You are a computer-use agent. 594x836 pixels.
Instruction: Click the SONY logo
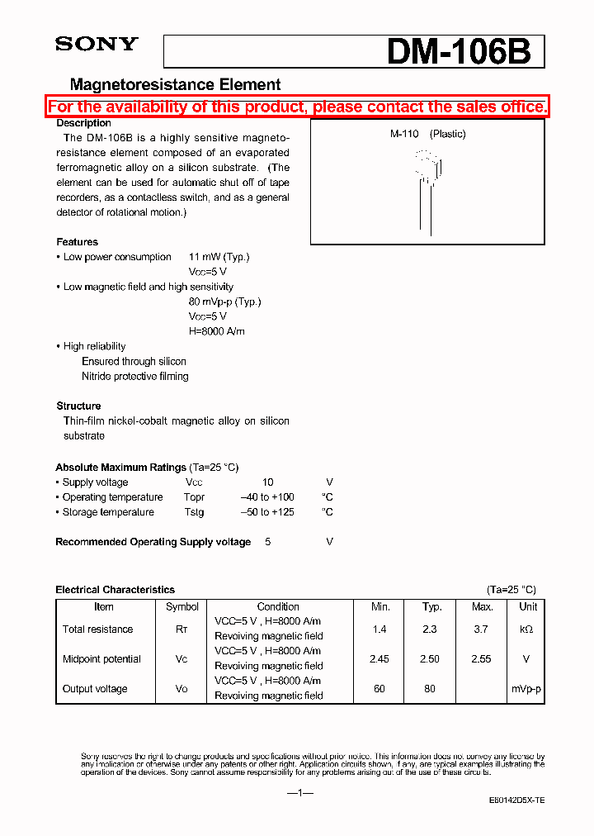96,45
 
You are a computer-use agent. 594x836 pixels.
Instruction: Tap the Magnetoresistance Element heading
175,84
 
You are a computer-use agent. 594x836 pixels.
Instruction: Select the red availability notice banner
297,107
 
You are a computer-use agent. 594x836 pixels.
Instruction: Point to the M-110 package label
405,134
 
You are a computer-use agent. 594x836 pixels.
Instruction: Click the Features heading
77,242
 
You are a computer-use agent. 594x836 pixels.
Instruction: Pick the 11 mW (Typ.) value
219,257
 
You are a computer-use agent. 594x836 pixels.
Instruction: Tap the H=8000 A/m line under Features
216,331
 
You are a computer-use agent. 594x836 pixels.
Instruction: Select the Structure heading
78,406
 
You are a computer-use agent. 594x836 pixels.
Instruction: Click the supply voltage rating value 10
267,482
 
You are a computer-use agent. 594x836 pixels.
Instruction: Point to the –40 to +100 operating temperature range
266,497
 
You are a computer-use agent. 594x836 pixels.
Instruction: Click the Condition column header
278,606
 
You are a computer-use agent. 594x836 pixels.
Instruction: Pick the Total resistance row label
97,629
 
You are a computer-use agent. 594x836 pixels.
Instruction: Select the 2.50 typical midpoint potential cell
429,659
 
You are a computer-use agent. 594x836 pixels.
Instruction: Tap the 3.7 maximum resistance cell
481,629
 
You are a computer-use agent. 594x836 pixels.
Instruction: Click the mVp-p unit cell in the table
526,689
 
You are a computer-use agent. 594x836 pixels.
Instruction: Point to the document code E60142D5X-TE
516,801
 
